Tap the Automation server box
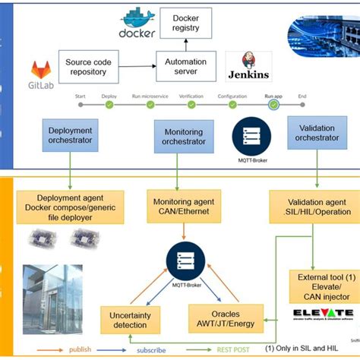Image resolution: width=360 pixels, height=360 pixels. (x=187, y=66)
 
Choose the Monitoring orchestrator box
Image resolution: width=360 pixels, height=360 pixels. (x=184, y=136)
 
